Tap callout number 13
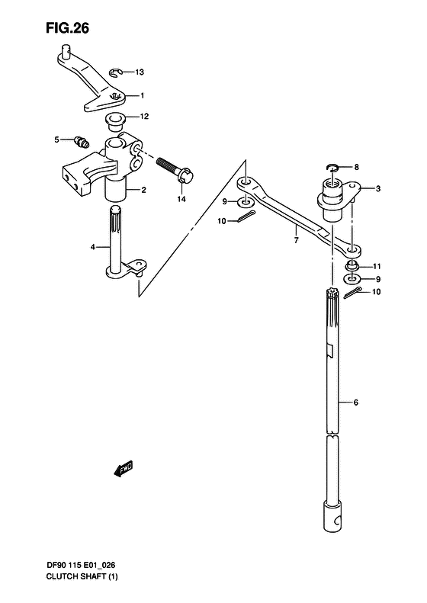[139, 72]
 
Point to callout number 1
[141, 96]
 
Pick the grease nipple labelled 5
[81, 140]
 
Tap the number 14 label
[181, 199]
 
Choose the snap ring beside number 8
[332, 167]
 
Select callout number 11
[377, 266]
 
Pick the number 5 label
[56, 140]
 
